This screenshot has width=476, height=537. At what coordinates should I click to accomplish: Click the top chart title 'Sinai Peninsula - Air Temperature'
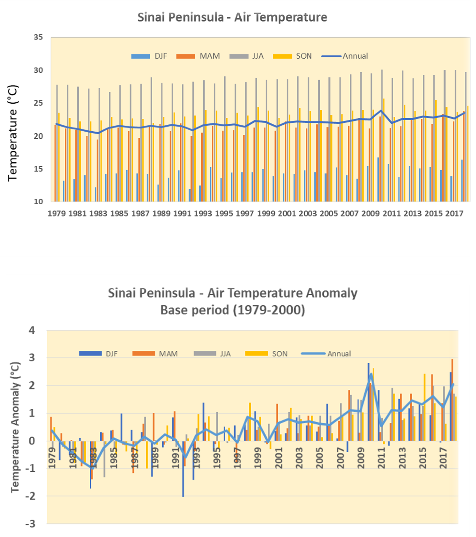[x=232, y=18]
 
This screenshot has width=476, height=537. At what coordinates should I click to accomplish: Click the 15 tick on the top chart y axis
[x=38, y=169]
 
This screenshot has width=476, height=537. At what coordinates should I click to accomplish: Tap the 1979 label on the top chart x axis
[x=56, y=214]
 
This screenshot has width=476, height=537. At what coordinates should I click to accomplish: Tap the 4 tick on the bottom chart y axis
[x=32, y=330]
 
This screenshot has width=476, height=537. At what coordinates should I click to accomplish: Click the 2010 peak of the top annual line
[x=381, y=111]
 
